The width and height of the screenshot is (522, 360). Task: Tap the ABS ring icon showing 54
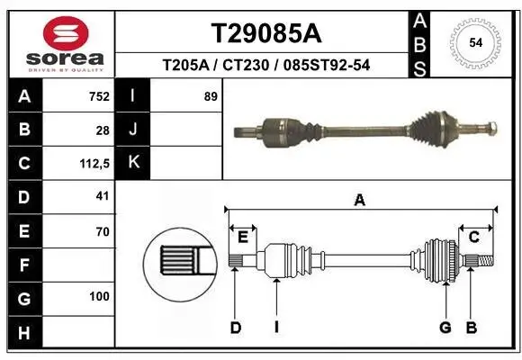(x=473, y=41)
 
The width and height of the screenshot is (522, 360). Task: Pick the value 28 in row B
(x=103, y=130)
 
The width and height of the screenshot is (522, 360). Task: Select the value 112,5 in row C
(x=94, y=164)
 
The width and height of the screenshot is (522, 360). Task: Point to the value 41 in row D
(x=102, y=196)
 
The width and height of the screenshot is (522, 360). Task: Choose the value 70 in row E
(x=102, y=231)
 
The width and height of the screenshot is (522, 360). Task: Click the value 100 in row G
(x=99, y=296)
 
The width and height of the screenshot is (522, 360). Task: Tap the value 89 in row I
(x=211, y=96)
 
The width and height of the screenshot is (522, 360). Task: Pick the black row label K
(x=133, y=163)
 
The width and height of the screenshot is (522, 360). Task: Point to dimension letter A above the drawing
(x=359, y=201)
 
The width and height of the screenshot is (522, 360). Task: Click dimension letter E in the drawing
(x=243, y=237)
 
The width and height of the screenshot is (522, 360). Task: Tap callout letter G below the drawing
(x=445, y=328)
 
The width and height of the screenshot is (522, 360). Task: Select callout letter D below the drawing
(x=236, y=328)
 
